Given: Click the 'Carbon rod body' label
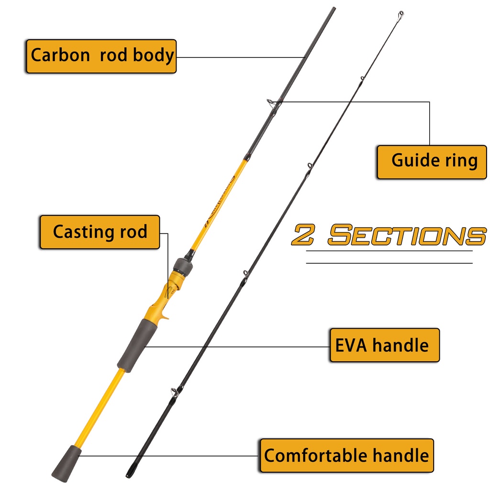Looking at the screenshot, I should click(101, 56).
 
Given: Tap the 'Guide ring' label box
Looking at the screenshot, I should click(432, 162).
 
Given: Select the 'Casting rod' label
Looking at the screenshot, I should click(100, 232).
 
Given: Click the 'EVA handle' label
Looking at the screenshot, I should click(384, 345).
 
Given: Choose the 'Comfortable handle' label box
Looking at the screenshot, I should click(346, 456).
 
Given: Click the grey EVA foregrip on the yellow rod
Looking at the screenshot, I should click(134, 344).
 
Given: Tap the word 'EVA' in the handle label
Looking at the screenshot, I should click(351, 345).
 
